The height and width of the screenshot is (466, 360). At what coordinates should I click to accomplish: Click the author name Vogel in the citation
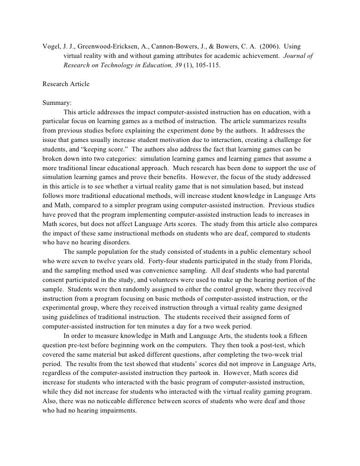click(51, 47)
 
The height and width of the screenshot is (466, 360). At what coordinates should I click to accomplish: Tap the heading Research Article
click(66, 84)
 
